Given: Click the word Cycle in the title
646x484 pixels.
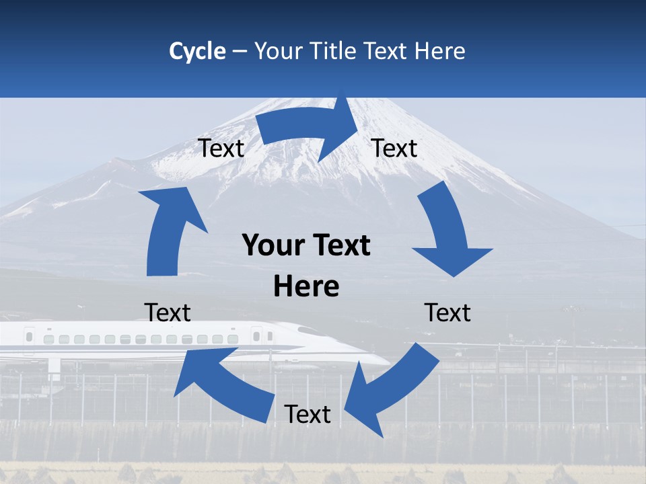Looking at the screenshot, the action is coord(197,51).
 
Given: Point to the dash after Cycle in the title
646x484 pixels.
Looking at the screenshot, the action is coord(240,52).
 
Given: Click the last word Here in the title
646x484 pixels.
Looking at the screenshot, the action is coord(441,51).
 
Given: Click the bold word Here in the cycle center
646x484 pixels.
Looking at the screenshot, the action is coord(306,286).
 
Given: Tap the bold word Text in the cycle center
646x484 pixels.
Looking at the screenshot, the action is coord(339,246).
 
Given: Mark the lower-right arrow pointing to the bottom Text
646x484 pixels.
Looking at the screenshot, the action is coord(390,387).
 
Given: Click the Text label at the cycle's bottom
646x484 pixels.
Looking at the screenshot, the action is coord(308,414).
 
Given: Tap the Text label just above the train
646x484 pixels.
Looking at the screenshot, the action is coord(168,313).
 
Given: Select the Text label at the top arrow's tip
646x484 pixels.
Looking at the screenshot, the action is coord(394,148).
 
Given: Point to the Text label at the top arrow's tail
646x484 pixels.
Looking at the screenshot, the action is coord(221,148).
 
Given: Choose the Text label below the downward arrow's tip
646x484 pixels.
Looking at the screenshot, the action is coord(447,313).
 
